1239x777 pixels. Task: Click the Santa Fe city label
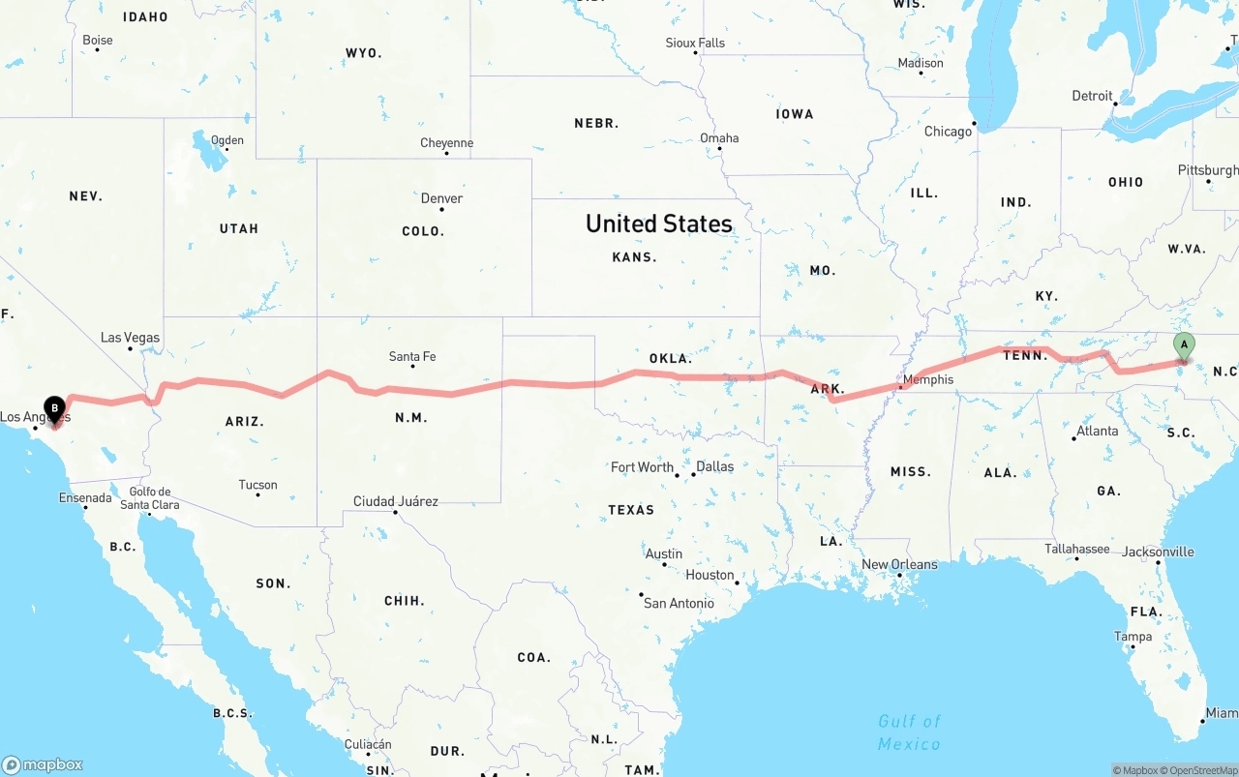(x=412, y=356)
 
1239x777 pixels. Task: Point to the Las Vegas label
(x=130, y=338)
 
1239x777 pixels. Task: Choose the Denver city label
(x=441, y=198)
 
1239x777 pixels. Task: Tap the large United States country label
(x=658, y=224)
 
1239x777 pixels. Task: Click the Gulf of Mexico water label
(x=909, y=732)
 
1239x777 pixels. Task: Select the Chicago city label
(x=948, y=132)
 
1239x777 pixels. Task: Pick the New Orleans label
(x=899, y=564)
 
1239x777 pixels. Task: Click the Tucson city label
(x=257, y=485)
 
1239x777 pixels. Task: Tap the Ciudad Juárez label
(x=395, y=501)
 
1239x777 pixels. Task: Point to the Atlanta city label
(x=1097, y=431)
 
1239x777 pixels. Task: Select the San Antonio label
(x=679, y=603)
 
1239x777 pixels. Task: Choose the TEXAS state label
(x=631, y=510)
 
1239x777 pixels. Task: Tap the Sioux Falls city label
(x=694, y=43)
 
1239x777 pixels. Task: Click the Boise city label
(x=97, y=40)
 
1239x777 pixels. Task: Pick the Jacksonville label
(x=1158, y=552)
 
